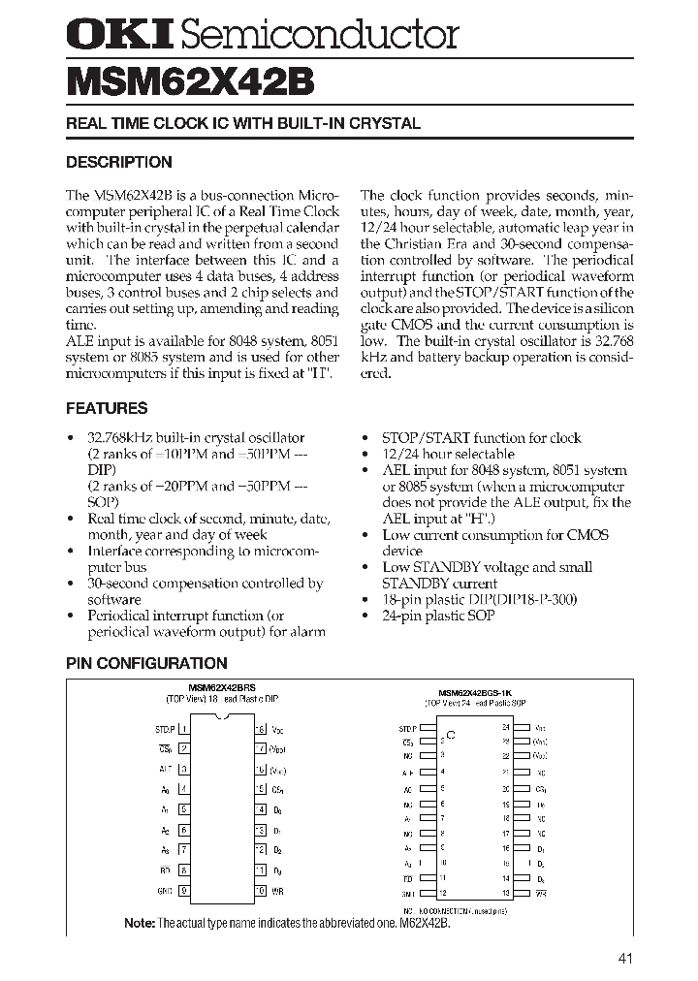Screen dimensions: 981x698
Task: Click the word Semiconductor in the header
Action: [x=320, y=36]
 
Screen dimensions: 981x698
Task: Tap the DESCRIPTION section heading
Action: [x=118, y=162]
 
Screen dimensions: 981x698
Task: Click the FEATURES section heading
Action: [x=107, y=408]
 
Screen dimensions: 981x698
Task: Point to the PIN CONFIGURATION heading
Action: [x=146, y=663]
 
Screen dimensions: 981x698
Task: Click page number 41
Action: [x=625, y=959]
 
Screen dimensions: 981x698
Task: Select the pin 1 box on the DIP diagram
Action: [x=184, y=728]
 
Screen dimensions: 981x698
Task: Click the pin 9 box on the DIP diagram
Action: [x=184, y=890]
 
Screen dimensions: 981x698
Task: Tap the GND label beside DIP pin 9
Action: [x=164, y=890]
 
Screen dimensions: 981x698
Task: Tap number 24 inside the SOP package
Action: [x=505, y=727]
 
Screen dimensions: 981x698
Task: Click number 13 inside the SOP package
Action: [x=505, y=893]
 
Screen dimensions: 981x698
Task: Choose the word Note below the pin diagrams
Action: [x=140, y=923]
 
